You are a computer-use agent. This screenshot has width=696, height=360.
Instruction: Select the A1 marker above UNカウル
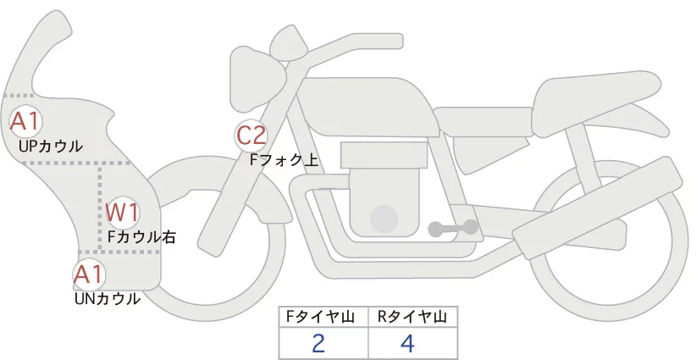tap(88, 274)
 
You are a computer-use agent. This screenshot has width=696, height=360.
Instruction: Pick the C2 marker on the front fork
tap(251, 135)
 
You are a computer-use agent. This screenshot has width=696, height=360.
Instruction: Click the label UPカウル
tap(51, 146)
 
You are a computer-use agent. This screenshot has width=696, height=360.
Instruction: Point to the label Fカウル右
tap(141, 237)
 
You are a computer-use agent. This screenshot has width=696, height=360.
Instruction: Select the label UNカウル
tap(108, 298)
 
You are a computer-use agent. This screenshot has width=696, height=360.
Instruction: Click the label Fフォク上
tap(284, 158)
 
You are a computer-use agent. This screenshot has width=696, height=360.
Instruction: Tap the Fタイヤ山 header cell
tap(323, 317)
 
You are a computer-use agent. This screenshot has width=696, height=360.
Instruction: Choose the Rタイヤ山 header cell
tap(412, 317)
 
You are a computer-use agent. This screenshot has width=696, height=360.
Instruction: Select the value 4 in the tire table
tap(407, 344)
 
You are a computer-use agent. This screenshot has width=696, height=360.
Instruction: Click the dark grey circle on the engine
tap(385, 219)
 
